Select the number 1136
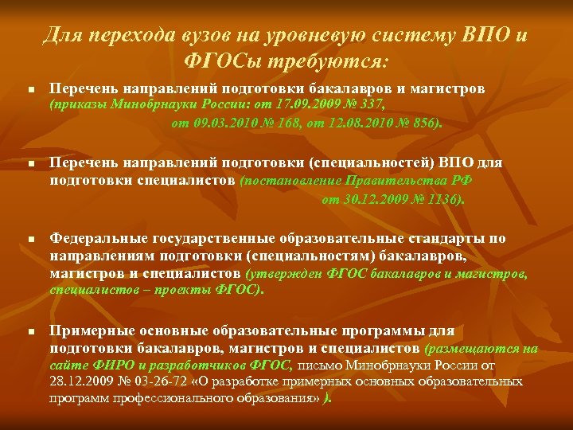tap(442, 199)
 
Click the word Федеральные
tap(95, 238)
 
